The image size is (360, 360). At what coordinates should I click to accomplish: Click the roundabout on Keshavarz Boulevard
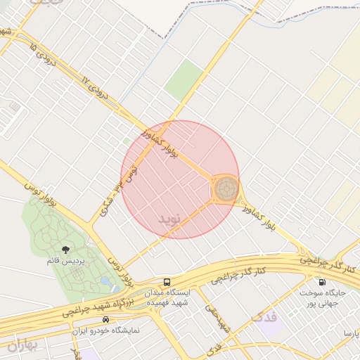pos(225,189)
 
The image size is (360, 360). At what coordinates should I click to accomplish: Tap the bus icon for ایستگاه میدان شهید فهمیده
pos(167,281)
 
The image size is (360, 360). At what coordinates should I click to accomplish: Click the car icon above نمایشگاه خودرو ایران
pos(105,319)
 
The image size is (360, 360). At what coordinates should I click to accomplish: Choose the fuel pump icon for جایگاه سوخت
pos(322,283)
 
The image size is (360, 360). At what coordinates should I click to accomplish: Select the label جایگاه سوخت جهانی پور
pos(322,299)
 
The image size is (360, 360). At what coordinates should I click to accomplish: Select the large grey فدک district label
pos(263,317)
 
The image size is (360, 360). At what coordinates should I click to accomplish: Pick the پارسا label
pos(350,331)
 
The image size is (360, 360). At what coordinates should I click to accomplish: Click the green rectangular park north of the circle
pos(184,79)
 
